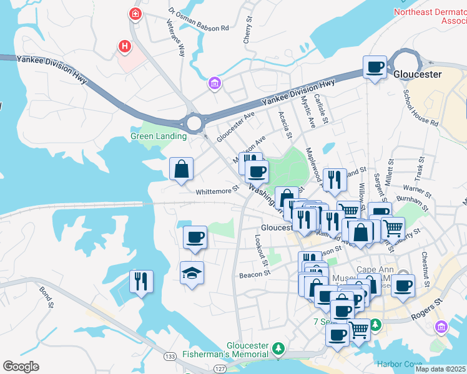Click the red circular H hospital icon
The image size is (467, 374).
click(x=125, y=46)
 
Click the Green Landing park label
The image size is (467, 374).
click(x=158, y=136)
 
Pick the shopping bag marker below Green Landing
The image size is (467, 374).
click(x=181, y=169)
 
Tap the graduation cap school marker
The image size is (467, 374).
click(x=192, y=272)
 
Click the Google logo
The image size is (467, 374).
click(x=21, y=366)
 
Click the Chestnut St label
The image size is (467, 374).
click(x=425, y=265)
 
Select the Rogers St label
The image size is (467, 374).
click(x=426, y=309)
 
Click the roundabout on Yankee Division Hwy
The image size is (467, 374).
click(x=194, y=122)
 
